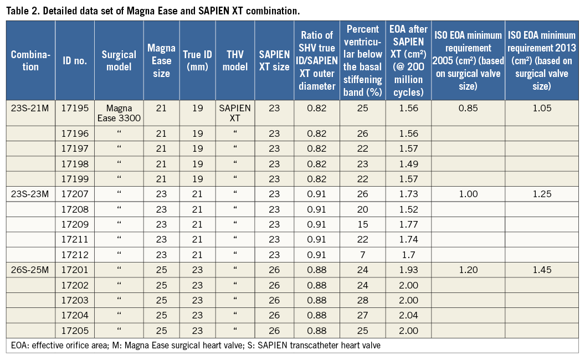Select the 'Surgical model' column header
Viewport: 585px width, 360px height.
coord(119,60)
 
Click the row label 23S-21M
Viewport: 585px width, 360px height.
coord(30,108)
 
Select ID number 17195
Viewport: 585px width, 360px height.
coord(74,108)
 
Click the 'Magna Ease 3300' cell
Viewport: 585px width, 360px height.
coord(119,113)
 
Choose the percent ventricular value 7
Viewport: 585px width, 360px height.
coord(362,255)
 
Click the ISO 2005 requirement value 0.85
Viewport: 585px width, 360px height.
coord(467,108)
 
